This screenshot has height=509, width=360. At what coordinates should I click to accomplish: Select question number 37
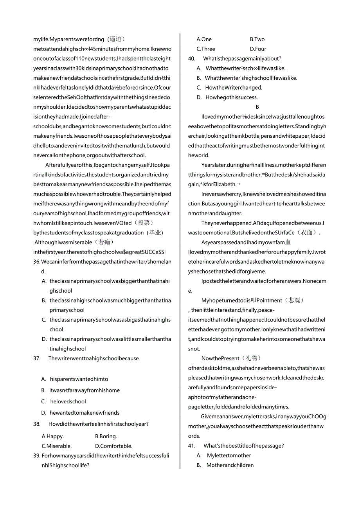(37, 358)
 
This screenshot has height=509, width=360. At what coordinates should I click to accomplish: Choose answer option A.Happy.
(53, 436)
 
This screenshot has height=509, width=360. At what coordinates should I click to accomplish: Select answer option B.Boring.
(106, 436)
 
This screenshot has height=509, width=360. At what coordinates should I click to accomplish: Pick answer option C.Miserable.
(57, 446)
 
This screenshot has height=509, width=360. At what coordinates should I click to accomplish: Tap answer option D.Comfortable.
(113, 446)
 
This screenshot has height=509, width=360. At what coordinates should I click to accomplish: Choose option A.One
(204, 39)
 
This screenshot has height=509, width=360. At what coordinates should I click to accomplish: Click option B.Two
(257, 39)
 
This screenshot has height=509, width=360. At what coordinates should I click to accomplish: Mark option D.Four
(258, 49)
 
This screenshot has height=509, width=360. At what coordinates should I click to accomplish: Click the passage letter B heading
(257, 107)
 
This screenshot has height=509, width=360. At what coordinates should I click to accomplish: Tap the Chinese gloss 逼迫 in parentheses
(115, 39)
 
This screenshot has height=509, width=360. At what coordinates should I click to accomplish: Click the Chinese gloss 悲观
(296, 300)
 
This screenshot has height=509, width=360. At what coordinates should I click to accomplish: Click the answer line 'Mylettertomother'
(229, 455)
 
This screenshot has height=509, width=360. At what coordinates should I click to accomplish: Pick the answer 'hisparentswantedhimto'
(79, 379)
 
